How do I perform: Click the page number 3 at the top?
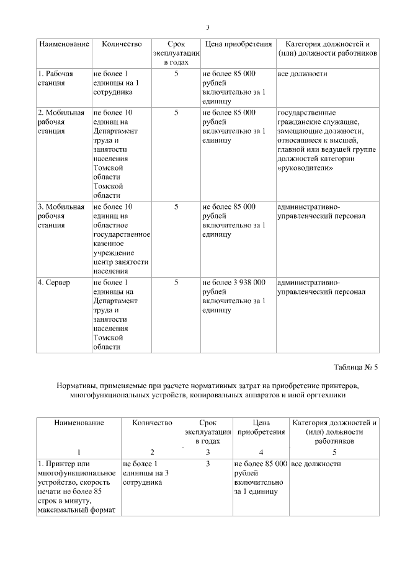pyautogui.click(x=208, y=27)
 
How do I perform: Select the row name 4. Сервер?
pyautogui.click(x=55, y=282)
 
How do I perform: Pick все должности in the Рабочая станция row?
pyautogui.click(x=302, y=74)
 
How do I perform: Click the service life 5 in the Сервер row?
pyautogui.click(x=176, y=282)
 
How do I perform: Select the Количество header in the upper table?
pyautogui.click(x=122, y=44)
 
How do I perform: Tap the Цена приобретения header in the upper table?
pyautogui.click(x=238, y=44)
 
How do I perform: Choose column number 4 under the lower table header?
pyautogui.click(x=261, y=452)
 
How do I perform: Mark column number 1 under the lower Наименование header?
pyautogui.click(x=78, y=452)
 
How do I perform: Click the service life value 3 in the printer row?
pyautogui.click(x=208, y=464)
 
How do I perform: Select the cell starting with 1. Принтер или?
pyautogui.click(x=78, y=487)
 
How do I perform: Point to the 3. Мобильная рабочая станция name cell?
pyautogui.click(x=61, y=215)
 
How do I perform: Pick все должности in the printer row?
pyautogui.click(x=316, y=464)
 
